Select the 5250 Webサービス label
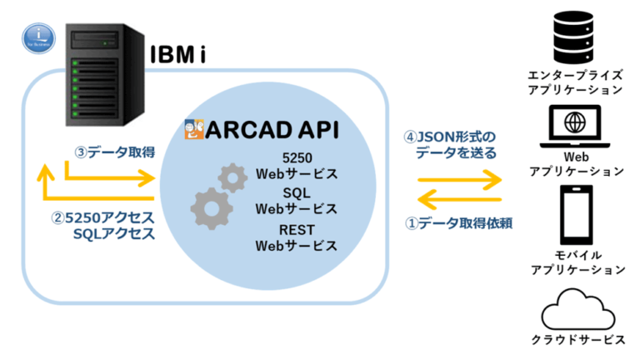point(296,166)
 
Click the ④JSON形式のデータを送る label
point(450,144)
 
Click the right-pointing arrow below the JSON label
point(460,177)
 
